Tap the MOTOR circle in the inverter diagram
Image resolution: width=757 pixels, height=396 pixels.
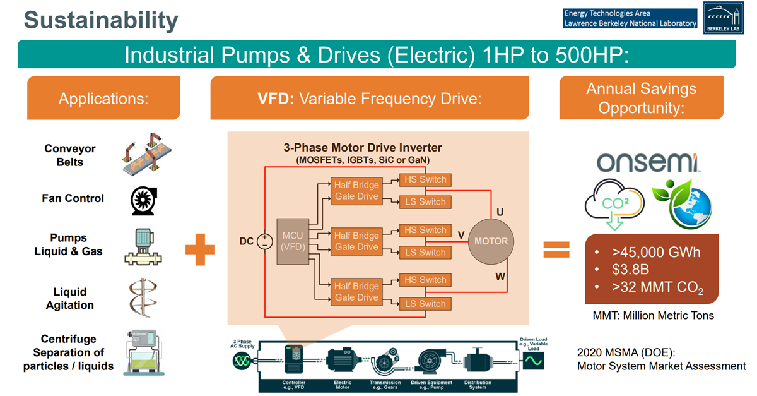pos(491,241)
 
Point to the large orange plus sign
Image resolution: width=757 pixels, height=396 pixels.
pos(200,249)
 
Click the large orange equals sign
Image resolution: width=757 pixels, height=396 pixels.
pos(556,249)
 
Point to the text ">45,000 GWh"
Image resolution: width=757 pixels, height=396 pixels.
pos(656,253)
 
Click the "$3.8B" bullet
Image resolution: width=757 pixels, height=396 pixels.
pos(627,271)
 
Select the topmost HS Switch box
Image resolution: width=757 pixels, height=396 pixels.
pos(425,179)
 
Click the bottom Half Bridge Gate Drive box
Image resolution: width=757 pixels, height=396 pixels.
pos(356,292)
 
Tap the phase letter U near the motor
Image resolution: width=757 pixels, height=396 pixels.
pos(499,212)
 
